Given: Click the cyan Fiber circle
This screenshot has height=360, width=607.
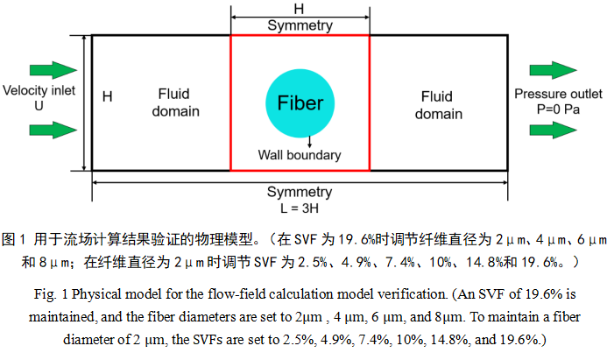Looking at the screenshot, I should tap(300, 103).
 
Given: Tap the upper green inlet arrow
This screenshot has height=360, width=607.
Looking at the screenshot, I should tap(53, 69).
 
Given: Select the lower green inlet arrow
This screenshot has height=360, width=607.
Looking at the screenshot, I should tap(53, 130).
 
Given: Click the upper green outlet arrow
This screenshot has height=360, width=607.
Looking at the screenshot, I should tap(553, 69).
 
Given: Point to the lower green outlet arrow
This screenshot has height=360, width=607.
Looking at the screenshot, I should tap(553, 130).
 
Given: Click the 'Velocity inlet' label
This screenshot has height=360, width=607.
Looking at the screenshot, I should tap(37, 90).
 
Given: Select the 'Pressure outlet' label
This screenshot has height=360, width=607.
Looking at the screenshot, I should tap(558, 94).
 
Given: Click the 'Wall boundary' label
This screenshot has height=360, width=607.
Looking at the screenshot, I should tap(300, 155).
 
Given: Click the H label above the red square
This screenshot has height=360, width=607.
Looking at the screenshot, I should tap(299, 7).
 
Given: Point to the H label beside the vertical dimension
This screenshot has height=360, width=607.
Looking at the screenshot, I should tap(107, 96).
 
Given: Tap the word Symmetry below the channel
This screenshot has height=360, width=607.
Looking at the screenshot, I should tap(300, 192).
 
